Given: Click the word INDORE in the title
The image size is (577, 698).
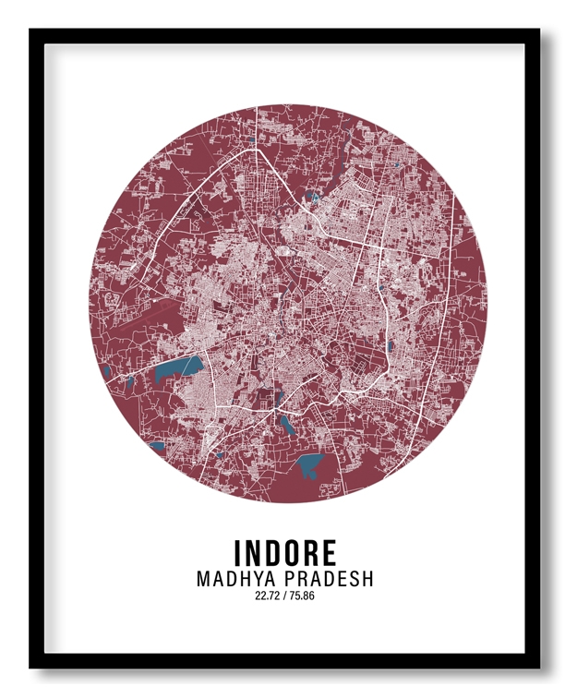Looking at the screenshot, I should (x=285, y=553).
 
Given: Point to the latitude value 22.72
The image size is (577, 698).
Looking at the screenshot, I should (x=267, y=596).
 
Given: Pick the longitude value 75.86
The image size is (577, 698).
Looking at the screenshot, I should (x=302, y=596).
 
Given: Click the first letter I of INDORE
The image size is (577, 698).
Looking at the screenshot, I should (x=238, y=553).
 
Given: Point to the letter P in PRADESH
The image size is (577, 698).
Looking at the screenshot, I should (x=286, y=580).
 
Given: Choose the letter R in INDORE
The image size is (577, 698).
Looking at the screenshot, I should (x=307, y=553).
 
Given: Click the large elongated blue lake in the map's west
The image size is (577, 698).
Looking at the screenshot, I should (x=176, y=370).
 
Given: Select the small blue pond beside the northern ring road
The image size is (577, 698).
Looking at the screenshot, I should (x=315, y=197).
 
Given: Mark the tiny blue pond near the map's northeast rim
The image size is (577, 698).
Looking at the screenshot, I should (x=397, y=164).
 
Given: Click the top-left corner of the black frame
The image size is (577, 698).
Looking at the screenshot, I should (x=31, y=30).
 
